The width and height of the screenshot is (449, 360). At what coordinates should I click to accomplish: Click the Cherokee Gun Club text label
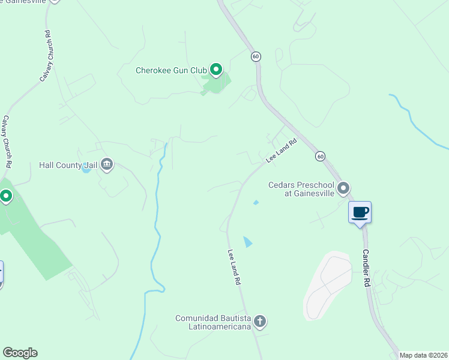click(x=171, y=71)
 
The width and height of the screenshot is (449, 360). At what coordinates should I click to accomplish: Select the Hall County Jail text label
click(x=68, y=164)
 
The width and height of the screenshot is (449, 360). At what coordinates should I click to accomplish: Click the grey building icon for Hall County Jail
click(x=107, y=164)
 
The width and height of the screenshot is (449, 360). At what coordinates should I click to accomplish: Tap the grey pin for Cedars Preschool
click(x=343, y=189)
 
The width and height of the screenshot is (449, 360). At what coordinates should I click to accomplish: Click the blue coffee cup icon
click(x=360, y=212)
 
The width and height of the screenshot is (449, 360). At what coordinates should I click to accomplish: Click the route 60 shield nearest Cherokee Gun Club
click(x=256, y=56)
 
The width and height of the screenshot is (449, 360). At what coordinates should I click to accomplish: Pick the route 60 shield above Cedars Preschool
click(x=321, y=156)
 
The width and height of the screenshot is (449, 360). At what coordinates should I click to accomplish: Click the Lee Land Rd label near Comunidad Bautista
click(x=234, y=268)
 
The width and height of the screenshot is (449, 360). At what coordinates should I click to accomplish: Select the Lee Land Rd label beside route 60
click(x=282, y=151)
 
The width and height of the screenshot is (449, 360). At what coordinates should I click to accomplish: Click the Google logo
click(x=20, y=353)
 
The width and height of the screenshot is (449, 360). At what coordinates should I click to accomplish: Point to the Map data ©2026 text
click(x=423, y=355)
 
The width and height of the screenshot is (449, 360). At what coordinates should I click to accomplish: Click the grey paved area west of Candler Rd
click(x=327, y=285)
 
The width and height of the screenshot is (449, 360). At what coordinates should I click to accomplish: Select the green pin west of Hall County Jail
click(x=6, y=196)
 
